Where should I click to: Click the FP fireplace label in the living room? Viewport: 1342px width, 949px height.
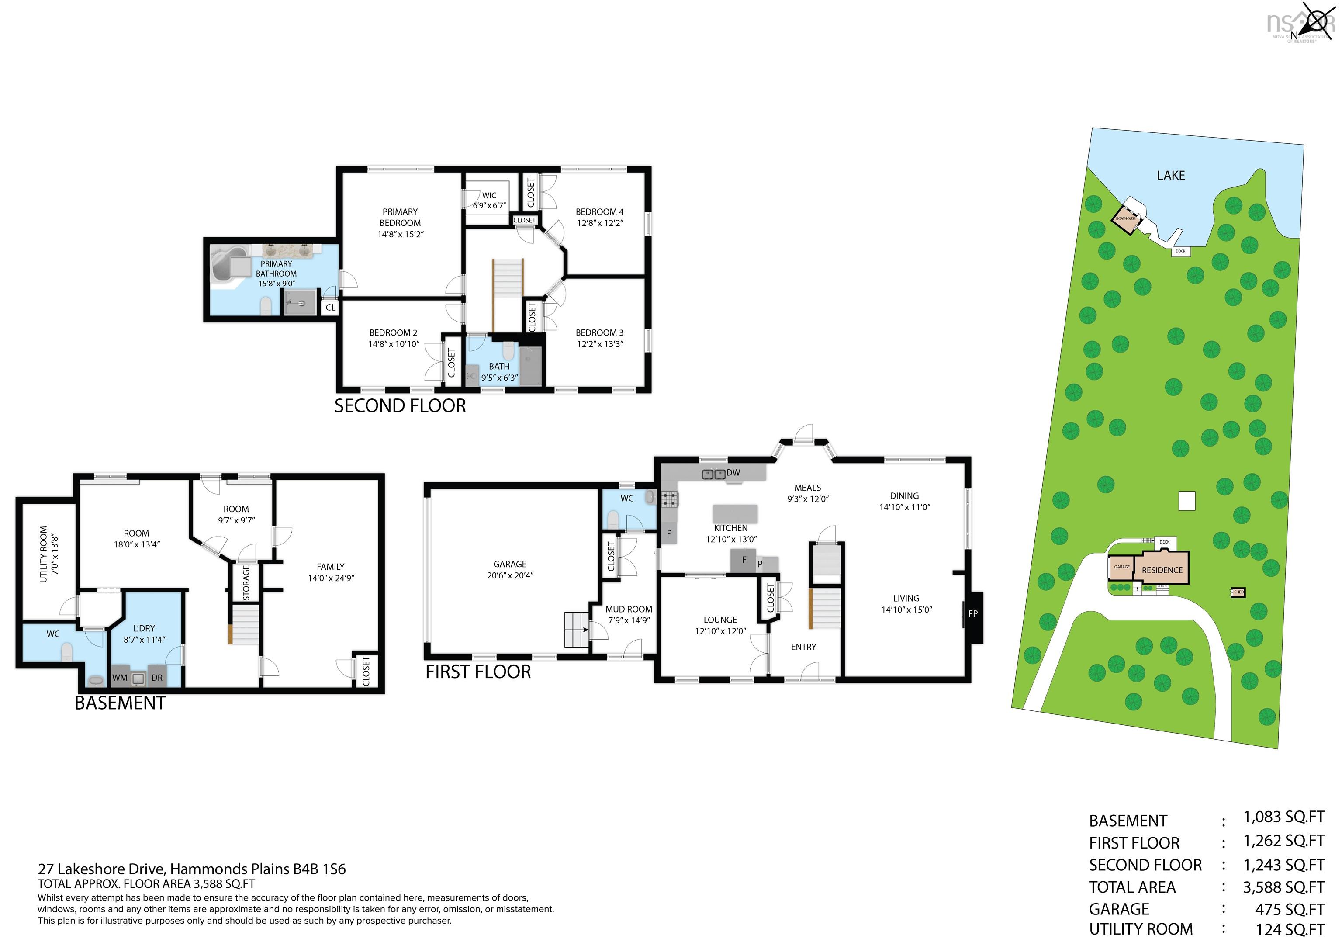(972, 613)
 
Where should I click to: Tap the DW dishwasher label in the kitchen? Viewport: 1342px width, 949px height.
(733, 472)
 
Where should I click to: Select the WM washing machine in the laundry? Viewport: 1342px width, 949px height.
(120, 678)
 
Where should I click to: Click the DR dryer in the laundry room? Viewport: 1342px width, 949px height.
(157, 678)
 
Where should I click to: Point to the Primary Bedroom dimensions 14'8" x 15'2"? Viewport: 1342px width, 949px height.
(401, 234)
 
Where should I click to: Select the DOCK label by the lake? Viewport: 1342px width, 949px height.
(1180, 251)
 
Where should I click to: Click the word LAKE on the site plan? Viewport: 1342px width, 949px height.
(1171, 175)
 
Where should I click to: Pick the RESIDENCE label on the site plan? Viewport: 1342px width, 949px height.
(1162, 570)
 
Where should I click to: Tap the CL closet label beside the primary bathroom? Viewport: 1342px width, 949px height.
(330, 308)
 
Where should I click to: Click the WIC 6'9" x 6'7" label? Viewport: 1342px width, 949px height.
(489, 201)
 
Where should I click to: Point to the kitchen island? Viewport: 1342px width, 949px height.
(735, 513)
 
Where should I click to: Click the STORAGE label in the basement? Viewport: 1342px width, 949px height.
(246, 582)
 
